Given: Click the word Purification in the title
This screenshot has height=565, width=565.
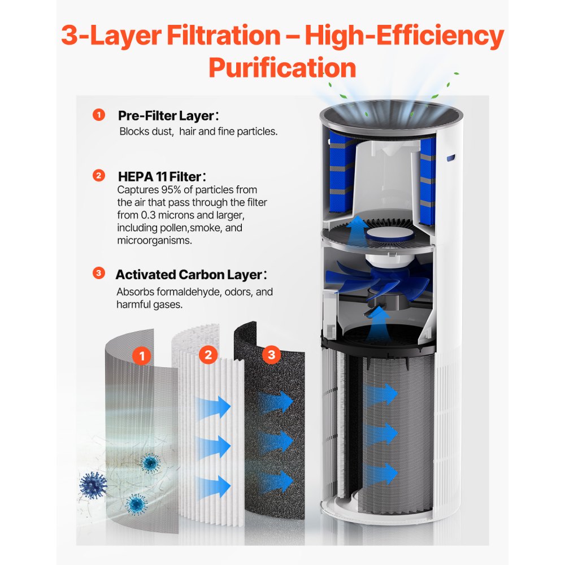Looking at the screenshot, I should (282, 68).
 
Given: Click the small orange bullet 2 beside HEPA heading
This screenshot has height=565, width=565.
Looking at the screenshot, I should (99, 176).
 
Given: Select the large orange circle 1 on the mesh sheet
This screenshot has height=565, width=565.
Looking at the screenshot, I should (142, 356).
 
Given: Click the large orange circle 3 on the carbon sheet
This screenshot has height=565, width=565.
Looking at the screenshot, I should (272, 355).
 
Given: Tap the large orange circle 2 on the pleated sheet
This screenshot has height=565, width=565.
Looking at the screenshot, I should (208, 355).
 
